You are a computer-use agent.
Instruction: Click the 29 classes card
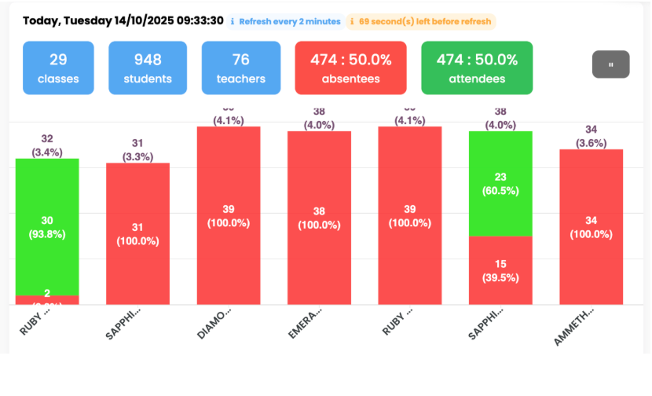pyautogui.click(x=58, y=68)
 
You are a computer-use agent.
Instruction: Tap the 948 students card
pyautogui.click(x=147, y=68)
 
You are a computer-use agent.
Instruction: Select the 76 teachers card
pyautogui.click(x=240, y=68)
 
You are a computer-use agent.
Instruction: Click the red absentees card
pyautogui.click(x=350, y=68)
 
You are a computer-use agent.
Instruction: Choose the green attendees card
pyautogui.click(x=477, y=68)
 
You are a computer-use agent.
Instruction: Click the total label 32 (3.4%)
pyautogui.click(x=47, y=145)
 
